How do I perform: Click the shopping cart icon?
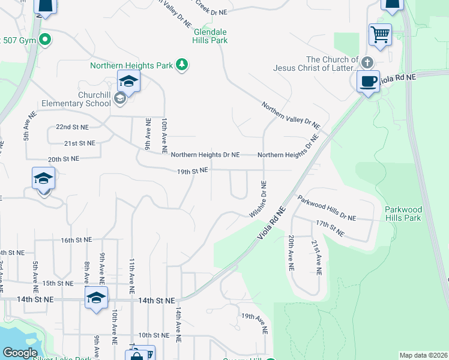pos(380,34)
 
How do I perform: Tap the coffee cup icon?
pos(367,80)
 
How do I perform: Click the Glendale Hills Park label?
pos(210,36)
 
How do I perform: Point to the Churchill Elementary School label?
pos(94,99)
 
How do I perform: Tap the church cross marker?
pos(367,62)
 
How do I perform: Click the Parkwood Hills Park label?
pos(403,214)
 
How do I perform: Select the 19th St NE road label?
pos(192,171)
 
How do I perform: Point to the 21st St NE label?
pos(80,143)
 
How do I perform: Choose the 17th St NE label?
pos(330,227)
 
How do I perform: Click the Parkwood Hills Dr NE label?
pos(327,208)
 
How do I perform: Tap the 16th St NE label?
pos(76,239)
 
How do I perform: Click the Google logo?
pos(20,353)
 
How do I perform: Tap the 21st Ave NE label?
pos(316,257)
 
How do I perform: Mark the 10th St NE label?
pos(153,335)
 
